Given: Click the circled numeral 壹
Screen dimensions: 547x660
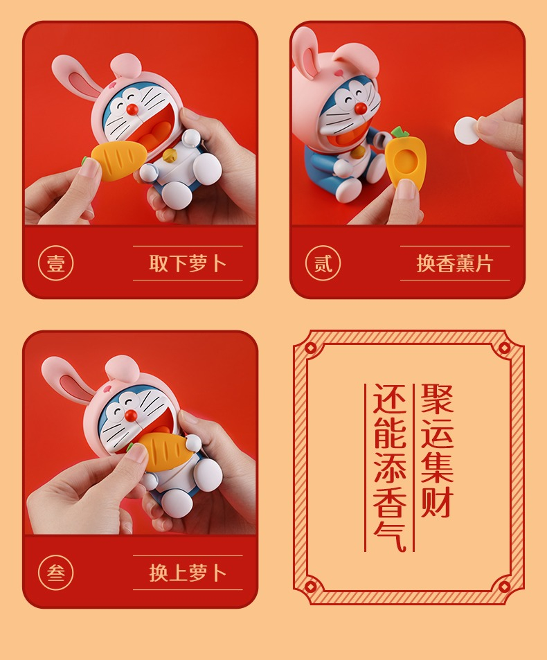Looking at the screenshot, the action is click(56, 263).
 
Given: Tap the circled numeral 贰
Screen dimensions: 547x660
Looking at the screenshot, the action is click(323, 263).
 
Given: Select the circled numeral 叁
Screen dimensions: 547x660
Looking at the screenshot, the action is click(56, 573).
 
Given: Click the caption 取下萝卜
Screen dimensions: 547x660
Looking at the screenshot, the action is click(188, 263).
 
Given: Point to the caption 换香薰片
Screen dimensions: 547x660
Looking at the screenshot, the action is click(455, 263).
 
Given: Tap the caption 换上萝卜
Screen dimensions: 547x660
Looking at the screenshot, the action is click(188, 573).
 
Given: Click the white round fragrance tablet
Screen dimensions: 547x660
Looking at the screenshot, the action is click(467, 130).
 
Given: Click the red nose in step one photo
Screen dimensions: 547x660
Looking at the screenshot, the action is click(132, 109).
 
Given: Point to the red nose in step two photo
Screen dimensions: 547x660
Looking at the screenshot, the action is click(360, 109).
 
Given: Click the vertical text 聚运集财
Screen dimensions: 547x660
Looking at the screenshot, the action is click(438, 450).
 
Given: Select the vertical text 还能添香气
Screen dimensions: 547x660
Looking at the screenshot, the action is click(390, 467).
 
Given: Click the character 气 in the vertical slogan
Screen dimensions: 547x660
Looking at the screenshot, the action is click(390, 535).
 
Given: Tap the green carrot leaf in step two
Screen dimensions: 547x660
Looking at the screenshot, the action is click(398, 132).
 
